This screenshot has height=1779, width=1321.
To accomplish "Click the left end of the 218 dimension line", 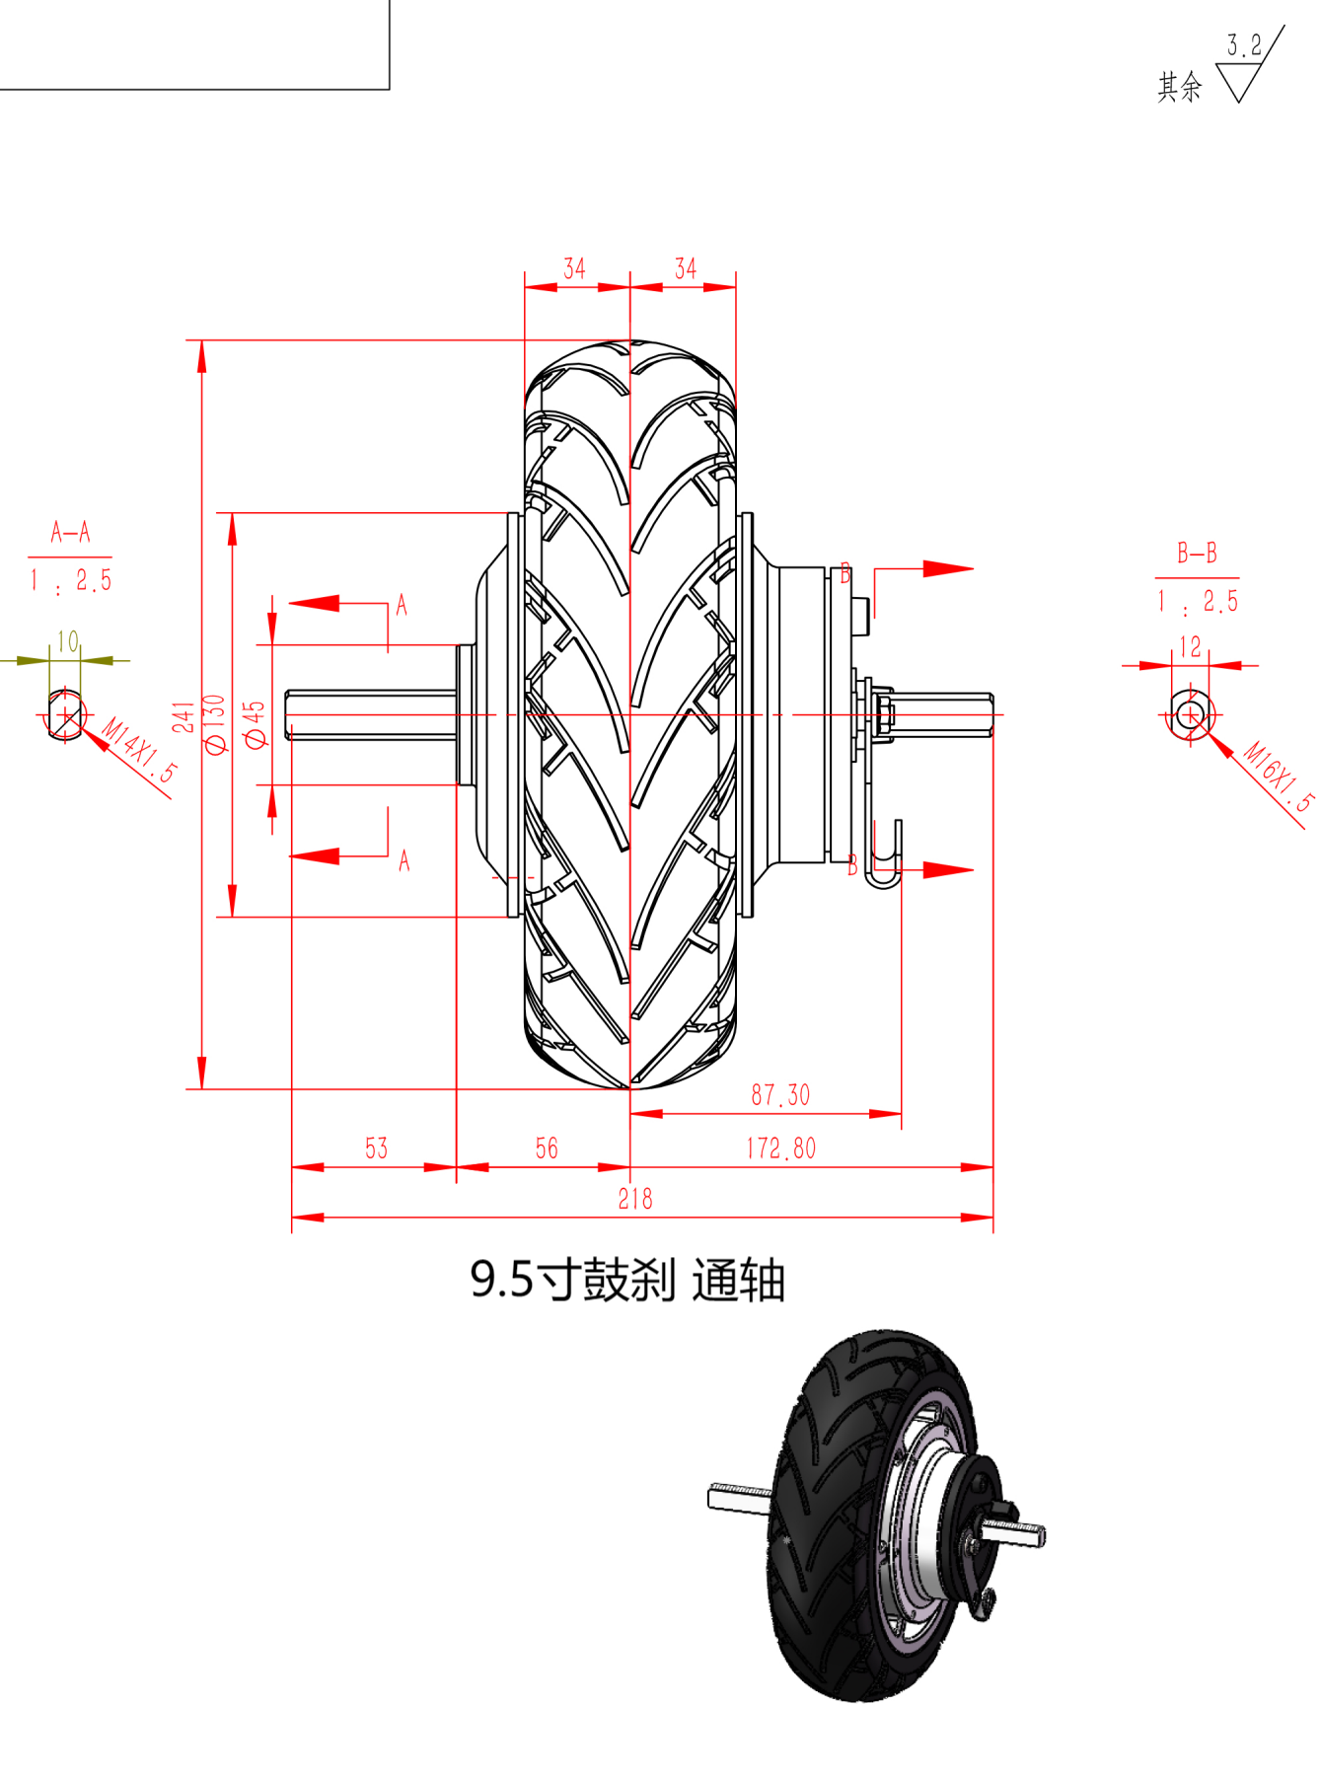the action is pos(292,1218).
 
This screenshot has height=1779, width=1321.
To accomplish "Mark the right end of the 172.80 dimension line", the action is pos(992,1167).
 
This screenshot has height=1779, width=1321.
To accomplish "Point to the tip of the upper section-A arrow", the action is pos(289,603).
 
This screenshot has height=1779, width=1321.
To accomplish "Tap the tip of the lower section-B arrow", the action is pos(974,869).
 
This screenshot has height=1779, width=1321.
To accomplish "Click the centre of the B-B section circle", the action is pos(1191,714).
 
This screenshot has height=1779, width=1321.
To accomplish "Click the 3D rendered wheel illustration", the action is pos(877,1515).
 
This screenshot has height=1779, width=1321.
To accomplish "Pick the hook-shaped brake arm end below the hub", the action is pos(885,854).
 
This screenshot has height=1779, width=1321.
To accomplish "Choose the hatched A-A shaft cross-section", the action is pos(65,713).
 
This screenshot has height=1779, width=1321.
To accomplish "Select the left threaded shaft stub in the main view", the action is pos(372,714).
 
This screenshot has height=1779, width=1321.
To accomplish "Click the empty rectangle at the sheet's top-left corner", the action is pos(194,44).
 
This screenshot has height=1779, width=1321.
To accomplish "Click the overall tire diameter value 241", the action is pos(184,717).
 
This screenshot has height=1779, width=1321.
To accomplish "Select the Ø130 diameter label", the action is pos(215,724).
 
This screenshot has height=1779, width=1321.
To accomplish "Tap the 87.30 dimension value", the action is pos(780,1095).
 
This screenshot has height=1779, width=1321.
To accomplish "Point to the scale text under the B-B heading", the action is pos(1198,602).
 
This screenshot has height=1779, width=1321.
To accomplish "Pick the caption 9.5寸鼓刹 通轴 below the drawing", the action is pos(627,1280).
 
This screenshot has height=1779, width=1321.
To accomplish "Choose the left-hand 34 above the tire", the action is pos(574,268).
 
